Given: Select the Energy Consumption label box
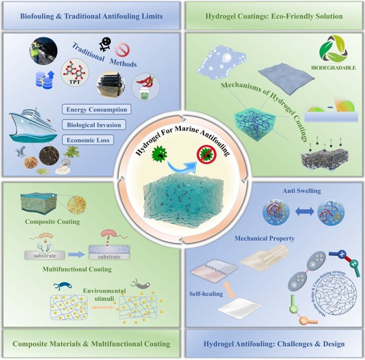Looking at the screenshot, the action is (96, 110).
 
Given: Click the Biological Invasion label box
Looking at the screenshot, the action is (94, 125).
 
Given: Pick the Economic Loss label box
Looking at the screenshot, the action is (88, 140).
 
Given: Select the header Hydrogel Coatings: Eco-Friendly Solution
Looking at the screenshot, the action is (274, 17).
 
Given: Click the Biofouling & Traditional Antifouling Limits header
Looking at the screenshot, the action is (91, 17).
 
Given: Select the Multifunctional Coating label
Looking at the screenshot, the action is (77, 269).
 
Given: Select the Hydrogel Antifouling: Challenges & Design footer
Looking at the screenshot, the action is (274, 344).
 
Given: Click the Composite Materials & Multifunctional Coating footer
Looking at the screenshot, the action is (91, 344).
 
